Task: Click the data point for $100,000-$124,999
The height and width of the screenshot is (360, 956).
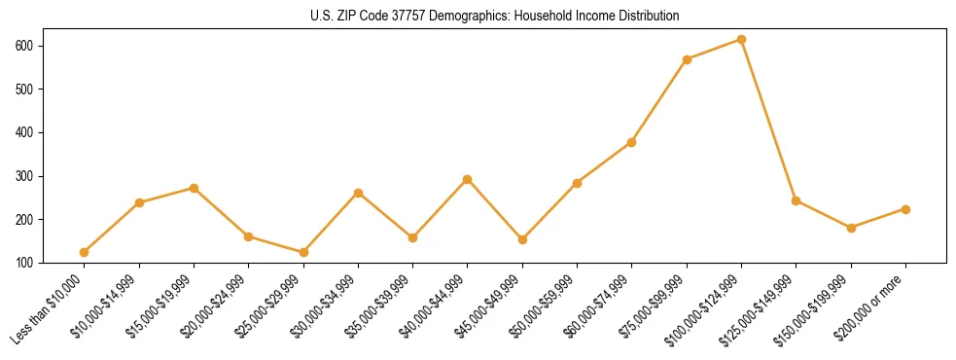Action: click(741, 40)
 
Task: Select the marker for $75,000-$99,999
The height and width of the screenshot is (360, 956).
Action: click(687, 59)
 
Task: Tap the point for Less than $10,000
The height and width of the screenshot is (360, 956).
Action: click(85, 252)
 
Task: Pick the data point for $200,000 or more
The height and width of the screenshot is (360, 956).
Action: click(905, 209)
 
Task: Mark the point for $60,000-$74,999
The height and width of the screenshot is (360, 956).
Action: click(632, 142)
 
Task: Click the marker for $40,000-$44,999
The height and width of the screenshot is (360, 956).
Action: click(468, 179)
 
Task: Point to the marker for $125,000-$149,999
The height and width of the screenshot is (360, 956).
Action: click(797, 200)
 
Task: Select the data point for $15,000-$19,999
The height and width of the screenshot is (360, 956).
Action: click(194, 188)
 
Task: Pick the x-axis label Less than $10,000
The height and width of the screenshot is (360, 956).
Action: click(50, 307)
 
